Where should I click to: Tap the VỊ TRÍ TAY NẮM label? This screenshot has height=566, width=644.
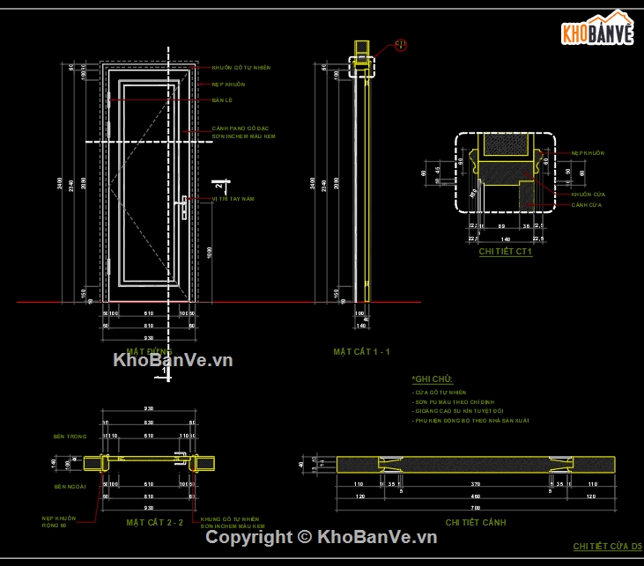pos(233,199)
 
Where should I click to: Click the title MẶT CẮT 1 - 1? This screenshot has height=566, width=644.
pos(361,352)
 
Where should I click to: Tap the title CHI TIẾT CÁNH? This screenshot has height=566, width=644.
pos(476,522)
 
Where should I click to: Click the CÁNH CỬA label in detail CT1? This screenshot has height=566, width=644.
pos(586,205)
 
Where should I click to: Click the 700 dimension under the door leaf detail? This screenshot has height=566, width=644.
pos(475,509)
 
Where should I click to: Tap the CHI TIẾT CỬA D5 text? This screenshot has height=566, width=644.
pos(607,547)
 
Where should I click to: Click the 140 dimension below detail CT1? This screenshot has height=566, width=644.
pos(506,239)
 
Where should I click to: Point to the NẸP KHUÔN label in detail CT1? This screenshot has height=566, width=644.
pos(588,153)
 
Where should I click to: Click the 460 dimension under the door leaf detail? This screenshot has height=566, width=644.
pos(475,496)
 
